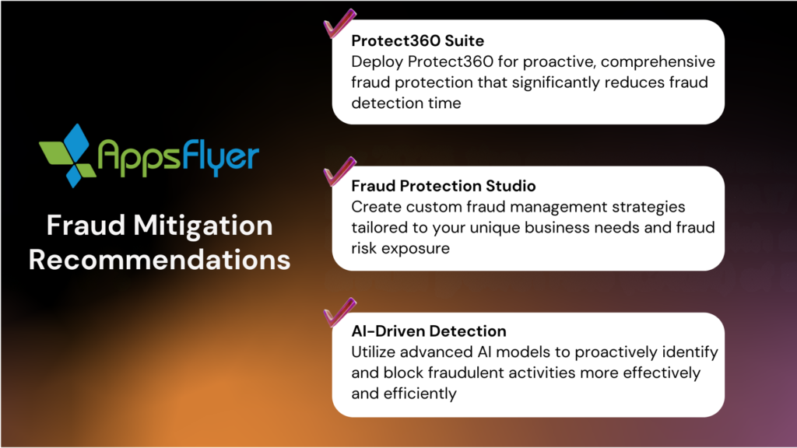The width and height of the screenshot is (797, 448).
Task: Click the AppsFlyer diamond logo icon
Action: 68,156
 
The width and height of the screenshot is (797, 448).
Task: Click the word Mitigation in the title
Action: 203,226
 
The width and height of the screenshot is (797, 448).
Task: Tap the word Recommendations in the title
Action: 160,260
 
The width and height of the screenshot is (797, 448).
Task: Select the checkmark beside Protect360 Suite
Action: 339,24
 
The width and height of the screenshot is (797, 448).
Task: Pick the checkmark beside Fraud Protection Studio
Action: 339,171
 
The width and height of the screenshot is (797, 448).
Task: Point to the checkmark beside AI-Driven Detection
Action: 339,312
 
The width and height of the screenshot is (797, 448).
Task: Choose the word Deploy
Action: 377,62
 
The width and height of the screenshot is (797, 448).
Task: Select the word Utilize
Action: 374,352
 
